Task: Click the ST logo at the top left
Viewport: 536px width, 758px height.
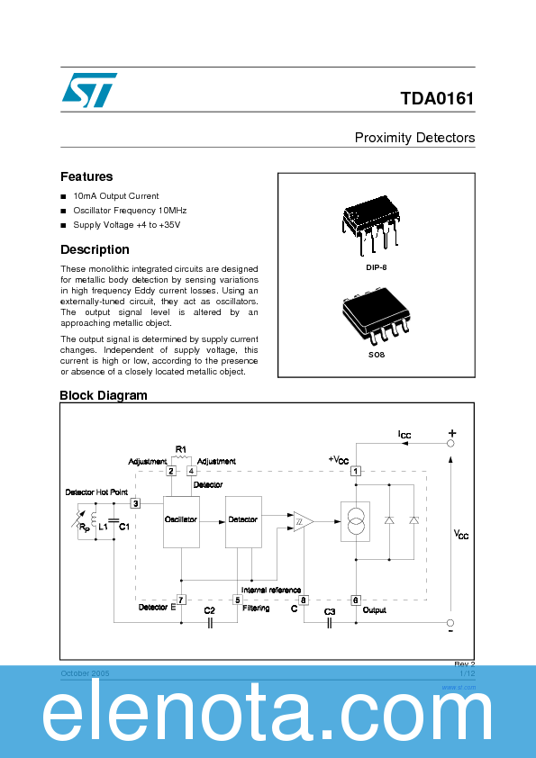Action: (x=88, y=89)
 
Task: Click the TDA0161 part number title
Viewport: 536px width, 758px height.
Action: (x=438, y=98)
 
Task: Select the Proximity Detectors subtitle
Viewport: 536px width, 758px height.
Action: (x=414, y=138)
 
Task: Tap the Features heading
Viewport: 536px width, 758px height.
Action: (x=86, y=176)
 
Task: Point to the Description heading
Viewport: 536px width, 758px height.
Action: (x=95, y=249)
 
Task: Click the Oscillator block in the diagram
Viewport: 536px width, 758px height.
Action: (x=181, y=520)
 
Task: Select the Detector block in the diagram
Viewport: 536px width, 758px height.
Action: (x=243, y=520)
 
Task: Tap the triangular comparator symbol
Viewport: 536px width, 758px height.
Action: (x=301, y=521)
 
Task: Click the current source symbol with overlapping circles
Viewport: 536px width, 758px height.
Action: (x=355, y=521)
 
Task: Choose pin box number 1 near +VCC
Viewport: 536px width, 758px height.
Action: (x=356, y=471)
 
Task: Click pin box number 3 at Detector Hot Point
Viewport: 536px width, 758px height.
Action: (x=135, y=503)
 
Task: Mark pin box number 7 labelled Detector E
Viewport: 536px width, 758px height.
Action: (x=181, y=600)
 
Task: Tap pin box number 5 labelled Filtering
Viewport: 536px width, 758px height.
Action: (x=238, y=600)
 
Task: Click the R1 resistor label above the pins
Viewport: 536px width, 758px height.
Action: (x=180, y=448)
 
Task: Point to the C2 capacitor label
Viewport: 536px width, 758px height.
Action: (x=209, y=610)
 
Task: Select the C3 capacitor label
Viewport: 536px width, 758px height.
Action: (x=330, y=611)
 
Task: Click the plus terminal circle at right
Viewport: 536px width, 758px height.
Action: (x=451, y=443)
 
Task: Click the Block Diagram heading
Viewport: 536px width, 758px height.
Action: (x=103, y=395)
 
